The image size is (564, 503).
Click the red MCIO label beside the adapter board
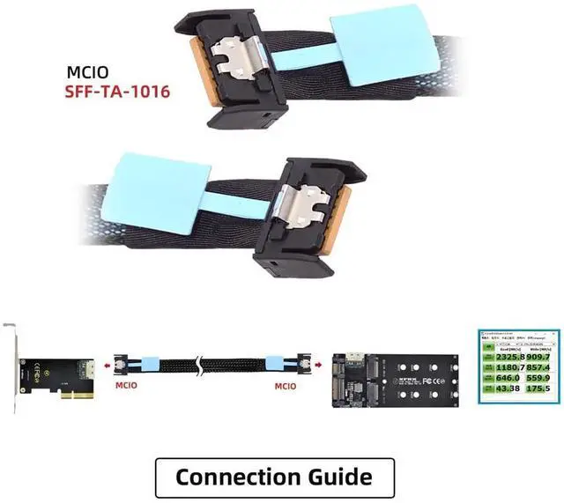(x=291, y=384)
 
